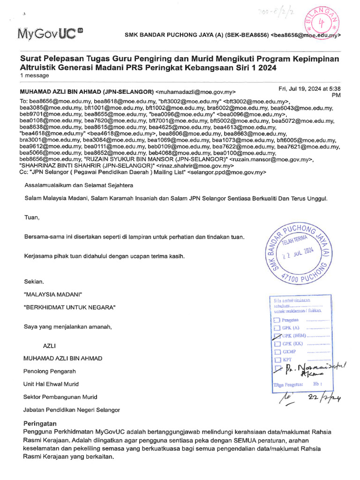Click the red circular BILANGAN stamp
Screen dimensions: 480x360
pos(322,22)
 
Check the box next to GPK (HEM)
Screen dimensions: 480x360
pos(277,336)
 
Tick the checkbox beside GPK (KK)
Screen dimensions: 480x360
pos(277,344)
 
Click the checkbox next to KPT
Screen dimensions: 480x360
pos(277,359)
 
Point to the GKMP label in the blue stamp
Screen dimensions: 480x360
pos(289,352)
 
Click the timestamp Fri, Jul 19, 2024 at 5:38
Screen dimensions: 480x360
pos(309,89)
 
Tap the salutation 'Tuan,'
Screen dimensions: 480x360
pos(32,217)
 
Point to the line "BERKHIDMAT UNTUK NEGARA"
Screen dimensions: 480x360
pos(69,307)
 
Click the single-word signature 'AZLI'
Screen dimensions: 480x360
pos(49,345)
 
